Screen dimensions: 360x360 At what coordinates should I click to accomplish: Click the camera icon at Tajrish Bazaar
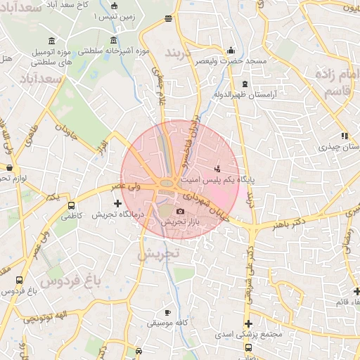tap(180, 211)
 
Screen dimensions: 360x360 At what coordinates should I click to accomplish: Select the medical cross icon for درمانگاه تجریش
tap(117, 203)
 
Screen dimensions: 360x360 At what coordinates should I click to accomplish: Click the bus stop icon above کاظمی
tap(71, 206)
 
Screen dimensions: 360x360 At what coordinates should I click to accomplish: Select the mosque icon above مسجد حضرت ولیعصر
tap(231, 50)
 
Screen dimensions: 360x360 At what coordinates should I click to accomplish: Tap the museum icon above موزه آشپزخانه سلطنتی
tap(114, 39)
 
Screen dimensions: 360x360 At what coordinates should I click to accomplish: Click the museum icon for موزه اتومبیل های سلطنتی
tap(51, 39)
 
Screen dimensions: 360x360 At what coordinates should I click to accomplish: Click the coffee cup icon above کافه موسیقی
tap(167, 312)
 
